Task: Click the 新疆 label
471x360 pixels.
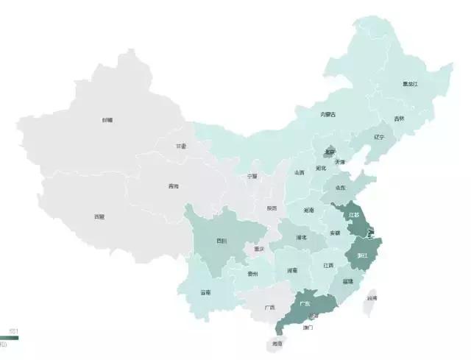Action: pyautogui.click(x=108, y=119)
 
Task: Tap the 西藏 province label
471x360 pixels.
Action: pyautogui.click(x=99, y=216)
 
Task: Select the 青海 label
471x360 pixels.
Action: pyautogui.click(x=173, y=186)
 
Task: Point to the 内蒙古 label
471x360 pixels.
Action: pyautogui.click(x=327, y=115)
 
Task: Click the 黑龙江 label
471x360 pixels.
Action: pyautogui.click(x=410, y=84)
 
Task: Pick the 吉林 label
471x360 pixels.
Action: pyautogui.click(x=399, y=119)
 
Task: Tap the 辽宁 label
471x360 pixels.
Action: pyautogui.click(x=378, y=137)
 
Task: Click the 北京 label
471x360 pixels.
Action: pyautogui.click(x=329, y=152)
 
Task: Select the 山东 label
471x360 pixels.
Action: pyautogui.click(x=340, y=188)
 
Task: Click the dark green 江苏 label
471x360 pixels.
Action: pyautogui.click(x=354, y=216)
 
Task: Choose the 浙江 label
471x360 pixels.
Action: pyautogui.click(x=363, y=255)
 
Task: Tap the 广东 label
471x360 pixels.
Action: pyautogui.click(x=304, y=303)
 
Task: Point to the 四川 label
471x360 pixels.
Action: pyautogui.click(x=222, y=241)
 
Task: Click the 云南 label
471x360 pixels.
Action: pyautogui.click(x=205, y=292)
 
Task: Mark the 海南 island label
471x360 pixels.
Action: pyautogui.click(x=277, y=343)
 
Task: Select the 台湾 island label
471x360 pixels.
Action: pyautogui.click(x=373, y=298)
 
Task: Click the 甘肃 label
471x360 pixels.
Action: pyautogui.click(x=181, y=147)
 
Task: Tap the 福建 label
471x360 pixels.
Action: pyautogui.click(x=347, y=281)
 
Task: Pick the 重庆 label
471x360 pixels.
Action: pyautogui.click(x=258, y=249)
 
